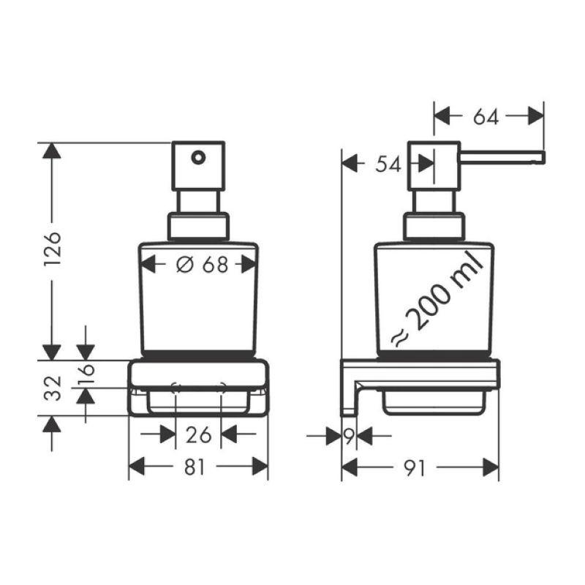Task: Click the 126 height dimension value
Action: (x=52, y=249)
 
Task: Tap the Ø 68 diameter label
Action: (x=202, y=265)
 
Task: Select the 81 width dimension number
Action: (x=195, y=467)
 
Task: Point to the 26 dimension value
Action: (x=198, y=435)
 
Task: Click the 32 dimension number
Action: (x=52, y=388)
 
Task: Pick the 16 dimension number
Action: (x=86, y=375)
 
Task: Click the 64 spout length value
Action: (x=486, y=117)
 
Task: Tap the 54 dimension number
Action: (x=388, y=165)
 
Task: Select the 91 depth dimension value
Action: (x=415, y=468)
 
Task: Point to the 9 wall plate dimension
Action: (x=349, y=436)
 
